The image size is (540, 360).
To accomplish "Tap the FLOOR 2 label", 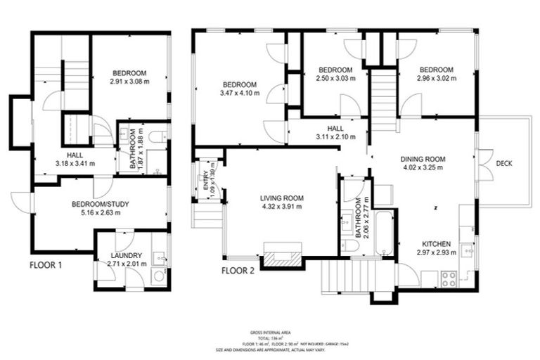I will [x=238, y=269].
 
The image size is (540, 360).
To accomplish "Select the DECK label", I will [x=503, y=164].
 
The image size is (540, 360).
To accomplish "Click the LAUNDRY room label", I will [x=127, y=255].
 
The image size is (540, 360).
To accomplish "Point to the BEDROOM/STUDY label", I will [x=101, y=205].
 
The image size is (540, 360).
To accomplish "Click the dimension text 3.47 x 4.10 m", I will [x=238, y=93].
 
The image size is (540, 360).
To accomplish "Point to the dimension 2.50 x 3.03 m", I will [x=335, y=79].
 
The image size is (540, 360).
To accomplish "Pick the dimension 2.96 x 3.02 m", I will [x=436, y=79].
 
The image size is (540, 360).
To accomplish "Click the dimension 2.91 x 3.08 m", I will [x=131, y=82].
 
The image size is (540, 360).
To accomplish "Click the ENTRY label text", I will [x=206, y=177].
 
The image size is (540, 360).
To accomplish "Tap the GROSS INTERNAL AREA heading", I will [x=270, y=331].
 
